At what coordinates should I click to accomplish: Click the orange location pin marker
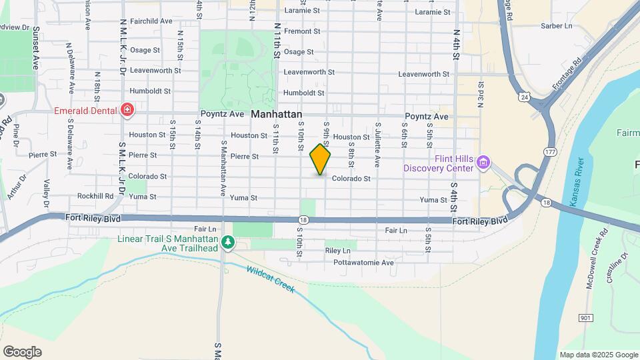coord(320,160)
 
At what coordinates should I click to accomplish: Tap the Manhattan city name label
coord(277,115)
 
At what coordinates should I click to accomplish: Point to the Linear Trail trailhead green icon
coord(228,242)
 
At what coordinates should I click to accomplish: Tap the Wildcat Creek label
coord(270,279)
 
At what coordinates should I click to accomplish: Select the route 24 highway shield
coord(525,97)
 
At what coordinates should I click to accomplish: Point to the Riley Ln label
coord(337,251)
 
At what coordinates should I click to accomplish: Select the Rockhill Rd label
coord(95,196)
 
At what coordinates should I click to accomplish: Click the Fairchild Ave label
coord(151,21)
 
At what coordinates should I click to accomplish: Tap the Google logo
coord(22,352)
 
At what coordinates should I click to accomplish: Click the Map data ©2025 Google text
coord(598,355)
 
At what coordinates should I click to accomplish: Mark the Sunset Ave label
coord(36,48)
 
